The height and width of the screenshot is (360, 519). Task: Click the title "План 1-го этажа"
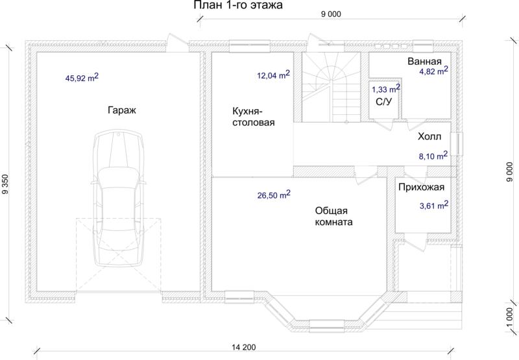238,5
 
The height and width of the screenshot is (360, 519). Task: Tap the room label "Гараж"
122,110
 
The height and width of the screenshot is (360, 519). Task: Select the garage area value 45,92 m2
82,77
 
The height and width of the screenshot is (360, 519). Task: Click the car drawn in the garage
119,198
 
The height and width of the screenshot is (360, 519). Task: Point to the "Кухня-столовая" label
254,117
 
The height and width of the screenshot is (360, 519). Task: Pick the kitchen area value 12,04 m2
273,75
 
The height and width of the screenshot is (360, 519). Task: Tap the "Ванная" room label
425,61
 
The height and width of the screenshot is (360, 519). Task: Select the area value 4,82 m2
434,71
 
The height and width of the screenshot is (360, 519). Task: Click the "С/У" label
383,102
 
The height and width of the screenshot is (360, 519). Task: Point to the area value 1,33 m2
386,89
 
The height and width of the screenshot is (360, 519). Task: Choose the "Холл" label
429,136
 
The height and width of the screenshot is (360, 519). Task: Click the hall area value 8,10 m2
433,156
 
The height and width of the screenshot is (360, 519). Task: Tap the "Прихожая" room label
421,187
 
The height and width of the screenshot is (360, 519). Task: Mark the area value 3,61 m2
434,205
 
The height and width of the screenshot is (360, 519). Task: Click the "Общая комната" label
333,216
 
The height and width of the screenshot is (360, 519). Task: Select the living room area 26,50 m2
274,195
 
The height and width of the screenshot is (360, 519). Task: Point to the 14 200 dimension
244,347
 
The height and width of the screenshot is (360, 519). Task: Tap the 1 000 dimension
510,317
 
